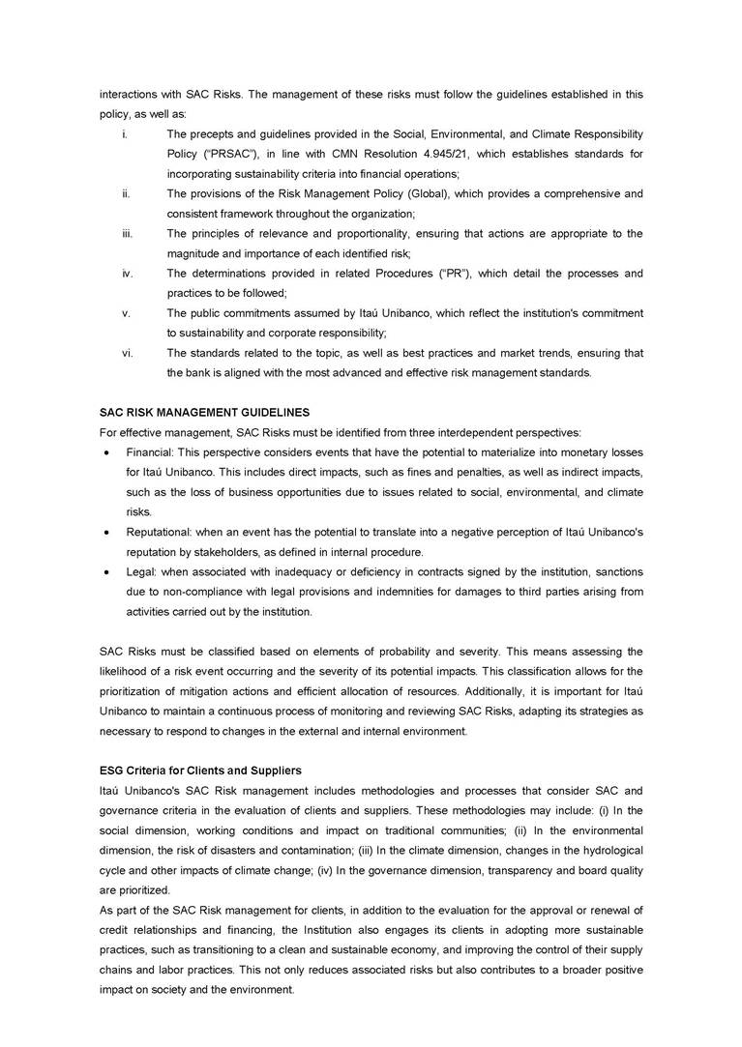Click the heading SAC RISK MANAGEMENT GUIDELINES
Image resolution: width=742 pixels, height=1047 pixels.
[204, 413]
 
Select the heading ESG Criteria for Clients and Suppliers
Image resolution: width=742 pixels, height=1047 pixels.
[200, 771]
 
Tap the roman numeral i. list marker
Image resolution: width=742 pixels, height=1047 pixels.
[126, 133]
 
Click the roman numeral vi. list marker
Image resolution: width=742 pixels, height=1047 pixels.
[127, 353]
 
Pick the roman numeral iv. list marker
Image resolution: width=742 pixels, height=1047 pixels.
[127, 274]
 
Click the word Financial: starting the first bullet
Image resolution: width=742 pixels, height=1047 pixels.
[150, 452]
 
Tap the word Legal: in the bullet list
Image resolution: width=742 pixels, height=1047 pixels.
[142, 572]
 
